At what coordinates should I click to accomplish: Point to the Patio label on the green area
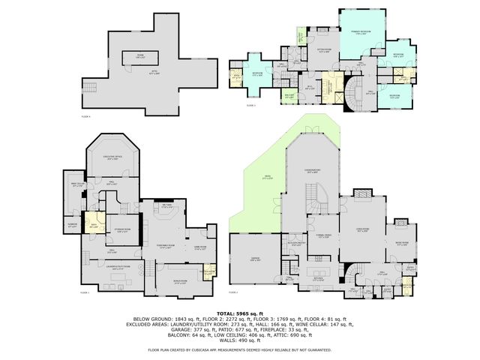pos(267,177)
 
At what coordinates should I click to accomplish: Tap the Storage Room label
pos(124,231)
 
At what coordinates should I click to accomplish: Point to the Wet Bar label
pos(167,205)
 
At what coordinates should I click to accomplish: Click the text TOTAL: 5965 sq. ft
pos(239,313)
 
